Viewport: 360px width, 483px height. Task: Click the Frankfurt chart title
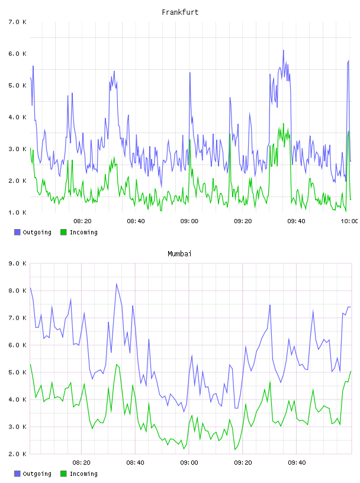[180, 12]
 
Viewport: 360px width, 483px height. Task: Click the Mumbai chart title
[179, 254]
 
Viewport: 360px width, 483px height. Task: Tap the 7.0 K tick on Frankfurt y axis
[17, 22]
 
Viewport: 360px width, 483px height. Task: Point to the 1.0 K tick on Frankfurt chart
[17, 212]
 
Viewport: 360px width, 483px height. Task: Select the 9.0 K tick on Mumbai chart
[17, 263]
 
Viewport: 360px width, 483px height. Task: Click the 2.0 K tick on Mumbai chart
[17, 454]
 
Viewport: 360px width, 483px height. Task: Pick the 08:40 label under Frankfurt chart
[136, 221]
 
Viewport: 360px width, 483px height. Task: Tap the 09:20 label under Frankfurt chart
[243, 221]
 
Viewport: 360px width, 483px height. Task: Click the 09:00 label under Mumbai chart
[189, 463]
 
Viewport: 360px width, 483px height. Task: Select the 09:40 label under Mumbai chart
[297, 463]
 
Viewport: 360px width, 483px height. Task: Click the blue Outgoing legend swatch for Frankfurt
[17, 232]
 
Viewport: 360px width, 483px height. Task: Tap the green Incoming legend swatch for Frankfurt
[63, 232]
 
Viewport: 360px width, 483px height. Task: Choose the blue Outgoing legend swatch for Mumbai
[17, 474]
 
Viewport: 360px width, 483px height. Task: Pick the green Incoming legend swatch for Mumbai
[63, 474]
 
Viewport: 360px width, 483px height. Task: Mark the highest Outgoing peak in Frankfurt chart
[284, 50]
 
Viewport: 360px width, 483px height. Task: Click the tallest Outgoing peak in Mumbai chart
[117, 284]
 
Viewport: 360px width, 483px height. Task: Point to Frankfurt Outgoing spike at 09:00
[190, 73]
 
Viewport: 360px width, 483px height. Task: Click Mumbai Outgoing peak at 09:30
[270, 305]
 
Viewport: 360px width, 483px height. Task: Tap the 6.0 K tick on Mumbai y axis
[17, 345]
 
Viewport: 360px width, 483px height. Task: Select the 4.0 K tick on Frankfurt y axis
[17, 117]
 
